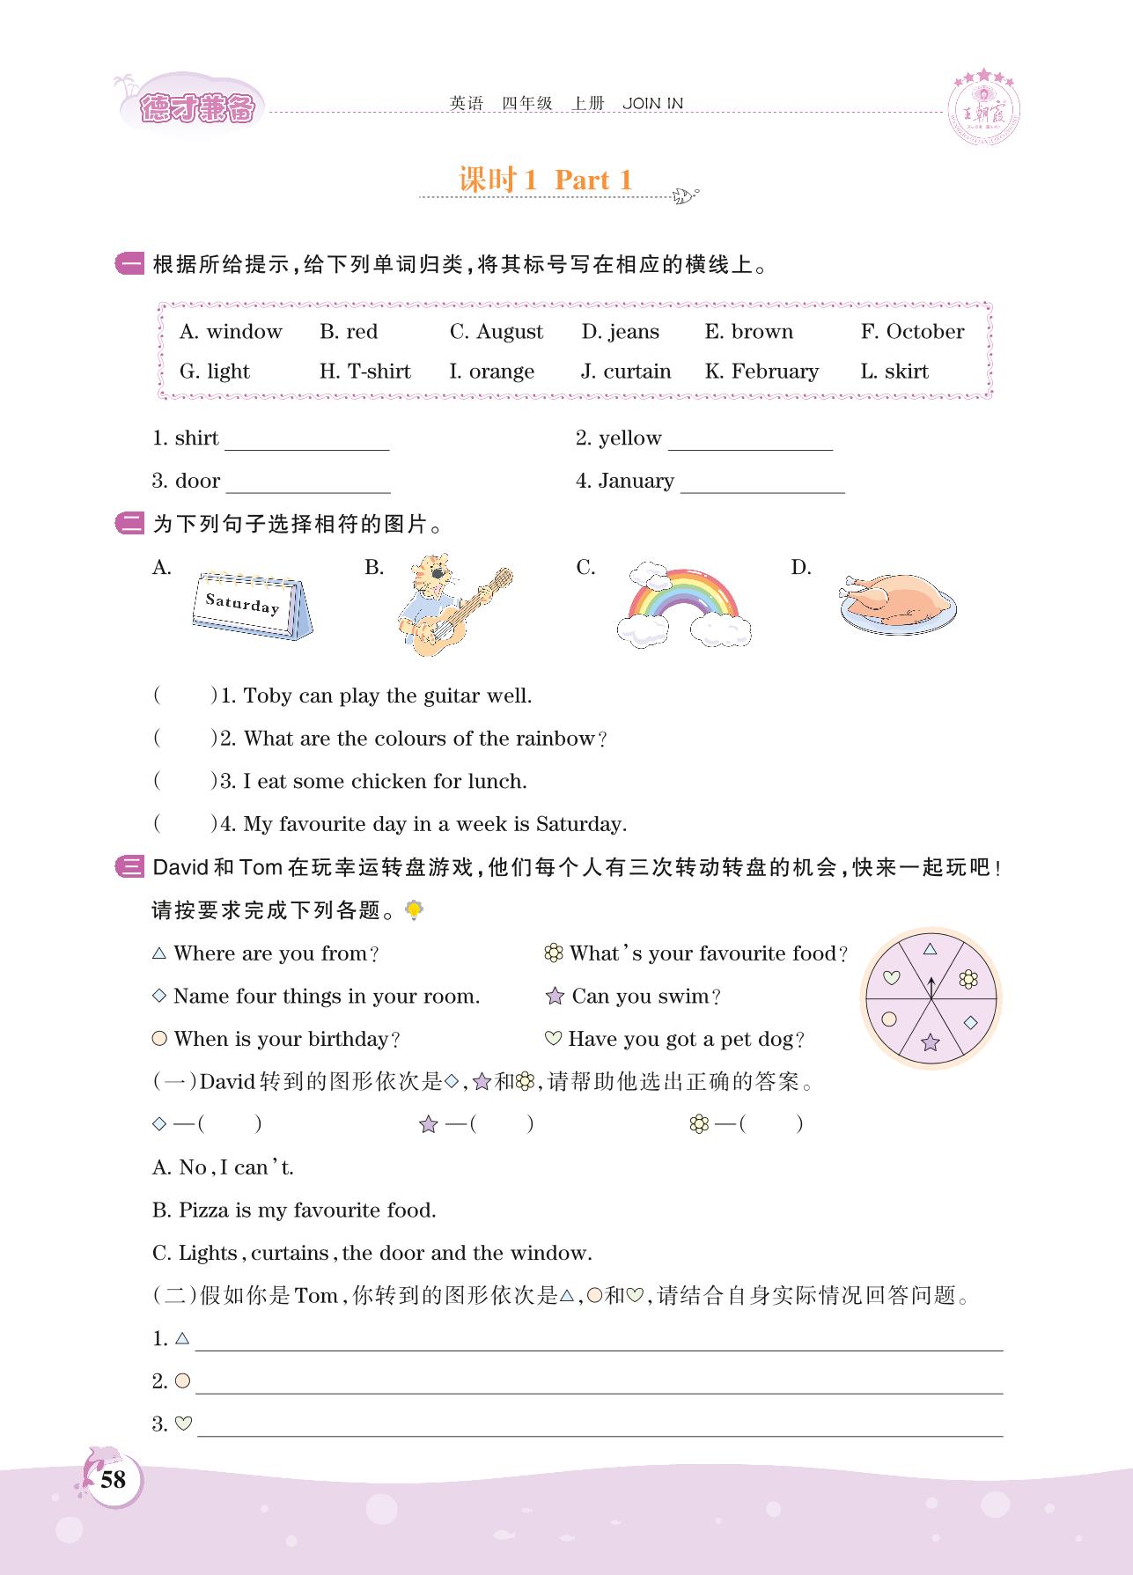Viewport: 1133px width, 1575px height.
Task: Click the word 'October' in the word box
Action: tap(924, 332)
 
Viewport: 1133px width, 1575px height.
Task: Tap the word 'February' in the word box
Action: tap(775, 372)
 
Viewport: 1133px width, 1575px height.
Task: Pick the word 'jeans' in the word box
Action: tap(633, 332)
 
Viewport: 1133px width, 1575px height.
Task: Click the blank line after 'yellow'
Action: tap(750, 442)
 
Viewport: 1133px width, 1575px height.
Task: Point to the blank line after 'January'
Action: tap(762, 485)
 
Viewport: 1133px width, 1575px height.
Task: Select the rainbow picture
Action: tap(683, 605)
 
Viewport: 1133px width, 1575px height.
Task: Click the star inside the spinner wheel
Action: tap(931, 1043)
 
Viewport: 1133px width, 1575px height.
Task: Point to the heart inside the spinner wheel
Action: tap(892, 977)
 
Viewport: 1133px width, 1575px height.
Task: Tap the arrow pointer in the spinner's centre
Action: tap(931, 988)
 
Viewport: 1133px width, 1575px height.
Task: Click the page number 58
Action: tap(114, 1479)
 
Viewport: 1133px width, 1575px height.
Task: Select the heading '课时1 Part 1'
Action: tap(546, 180)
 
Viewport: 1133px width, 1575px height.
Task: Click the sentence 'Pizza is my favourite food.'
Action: tap(307, 1211)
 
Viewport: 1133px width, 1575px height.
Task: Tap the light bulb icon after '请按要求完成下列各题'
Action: tap(413, 910)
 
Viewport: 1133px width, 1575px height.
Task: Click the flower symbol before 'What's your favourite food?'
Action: tap(554, 953)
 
